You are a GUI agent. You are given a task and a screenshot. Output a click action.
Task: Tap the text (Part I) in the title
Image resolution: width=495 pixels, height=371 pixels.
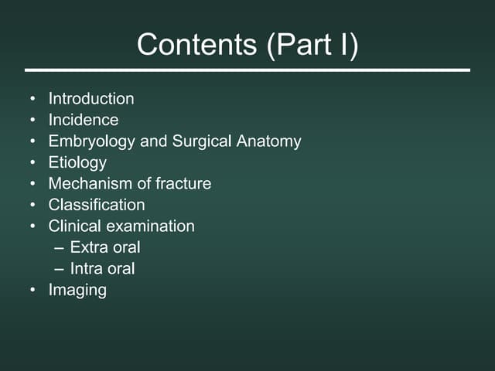(x=312, y=45)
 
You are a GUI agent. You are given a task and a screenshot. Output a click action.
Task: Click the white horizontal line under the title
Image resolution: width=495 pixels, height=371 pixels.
(x=247, y=70)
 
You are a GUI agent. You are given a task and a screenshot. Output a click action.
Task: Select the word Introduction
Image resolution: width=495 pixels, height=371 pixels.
(x=91, y=99)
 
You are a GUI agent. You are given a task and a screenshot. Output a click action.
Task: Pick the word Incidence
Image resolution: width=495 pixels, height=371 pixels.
(x=84, y=121)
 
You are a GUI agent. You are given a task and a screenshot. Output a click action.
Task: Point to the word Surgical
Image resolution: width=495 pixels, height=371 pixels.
(x=203, y=142)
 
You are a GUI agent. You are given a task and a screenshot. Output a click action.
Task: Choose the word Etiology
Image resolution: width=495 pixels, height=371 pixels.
(x=77, y=163)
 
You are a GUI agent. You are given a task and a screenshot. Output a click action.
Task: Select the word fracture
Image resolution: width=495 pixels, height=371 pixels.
(x=183, y=184)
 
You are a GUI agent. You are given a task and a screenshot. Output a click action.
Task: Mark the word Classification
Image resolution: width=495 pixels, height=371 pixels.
(x=97, y=206)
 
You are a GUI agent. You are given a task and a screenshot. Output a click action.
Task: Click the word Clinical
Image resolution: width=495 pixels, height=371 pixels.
(x=74, y=226)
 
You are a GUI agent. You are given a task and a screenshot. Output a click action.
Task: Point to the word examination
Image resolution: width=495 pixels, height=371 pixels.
(x=150, y=226)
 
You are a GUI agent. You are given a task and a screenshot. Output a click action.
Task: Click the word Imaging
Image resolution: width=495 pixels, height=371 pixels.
(x=77, y=291)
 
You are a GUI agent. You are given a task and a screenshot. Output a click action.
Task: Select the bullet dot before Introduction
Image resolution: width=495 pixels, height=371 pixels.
(x=32, y=100)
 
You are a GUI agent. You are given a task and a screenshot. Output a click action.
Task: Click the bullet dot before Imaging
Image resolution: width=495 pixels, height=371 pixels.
(x=32, y=291)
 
